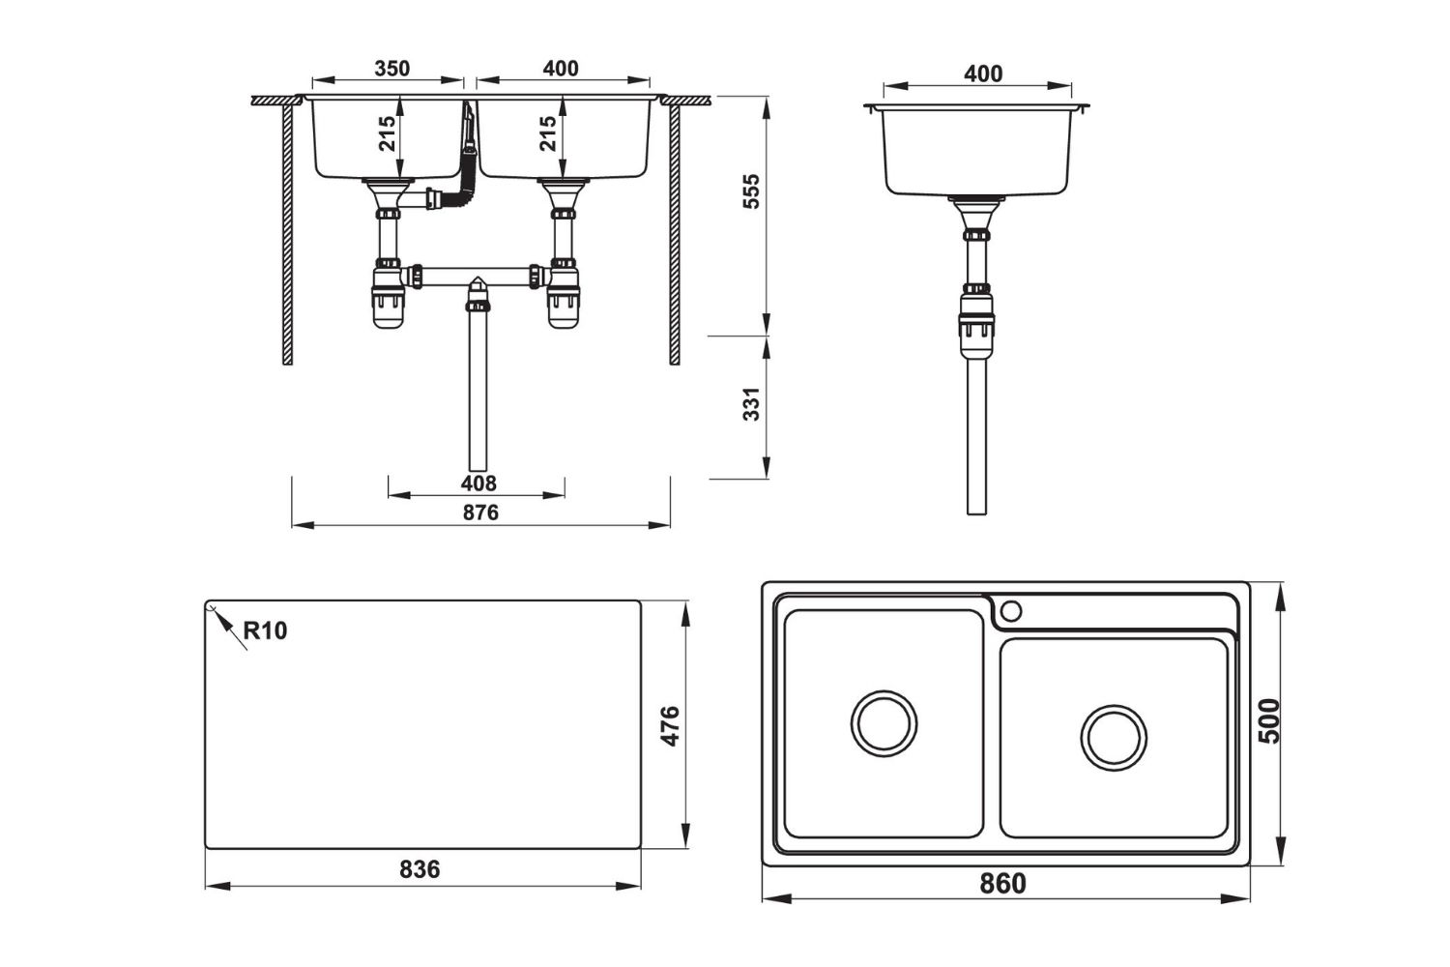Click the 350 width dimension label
(391, 69)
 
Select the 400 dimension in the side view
(983, 73)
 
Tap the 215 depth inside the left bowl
(388, 134)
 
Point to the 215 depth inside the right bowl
(548, 134)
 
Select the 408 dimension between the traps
(478, 483)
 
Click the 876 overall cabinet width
(479, 513)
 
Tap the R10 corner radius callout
(264, 631)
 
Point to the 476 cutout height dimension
(670, 725)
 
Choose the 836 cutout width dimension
(420, 869)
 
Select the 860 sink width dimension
(1002, 883)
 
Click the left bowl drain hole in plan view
(884, 723)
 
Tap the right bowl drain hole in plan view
(1115, 738)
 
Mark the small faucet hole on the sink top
(1011, 610)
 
